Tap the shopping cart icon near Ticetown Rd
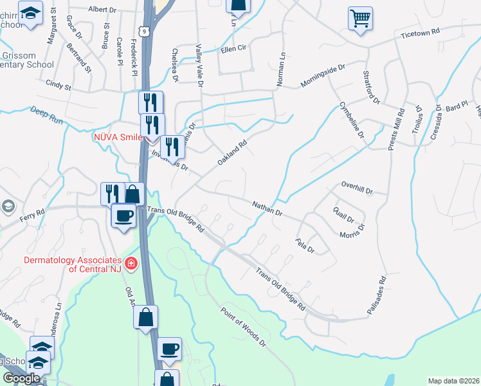pyautogui.click(x=360, y=18)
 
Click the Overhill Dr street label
pyautogui.click(x=357, y=188)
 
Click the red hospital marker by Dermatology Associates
pyautogui.click(x=131, y=263)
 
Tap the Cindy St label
pyautogui.click(x=58, y=84)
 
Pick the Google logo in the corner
pyautogui.click(x=21, y=378)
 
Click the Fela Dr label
pyautogui.click(x=305, y=246)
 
